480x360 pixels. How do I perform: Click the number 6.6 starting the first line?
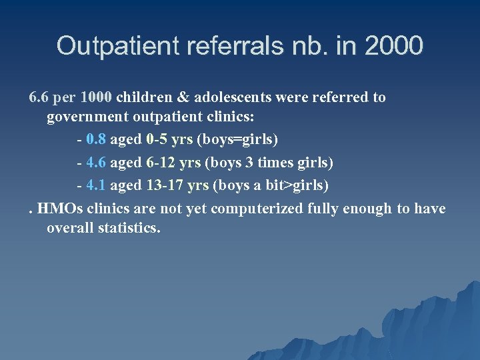[39, 97]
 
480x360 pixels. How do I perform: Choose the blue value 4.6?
[96, 163]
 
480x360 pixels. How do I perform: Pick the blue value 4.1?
[96, 185]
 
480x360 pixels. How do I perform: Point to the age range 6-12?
[159, 163]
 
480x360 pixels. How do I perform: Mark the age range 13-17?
[163, 185]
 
